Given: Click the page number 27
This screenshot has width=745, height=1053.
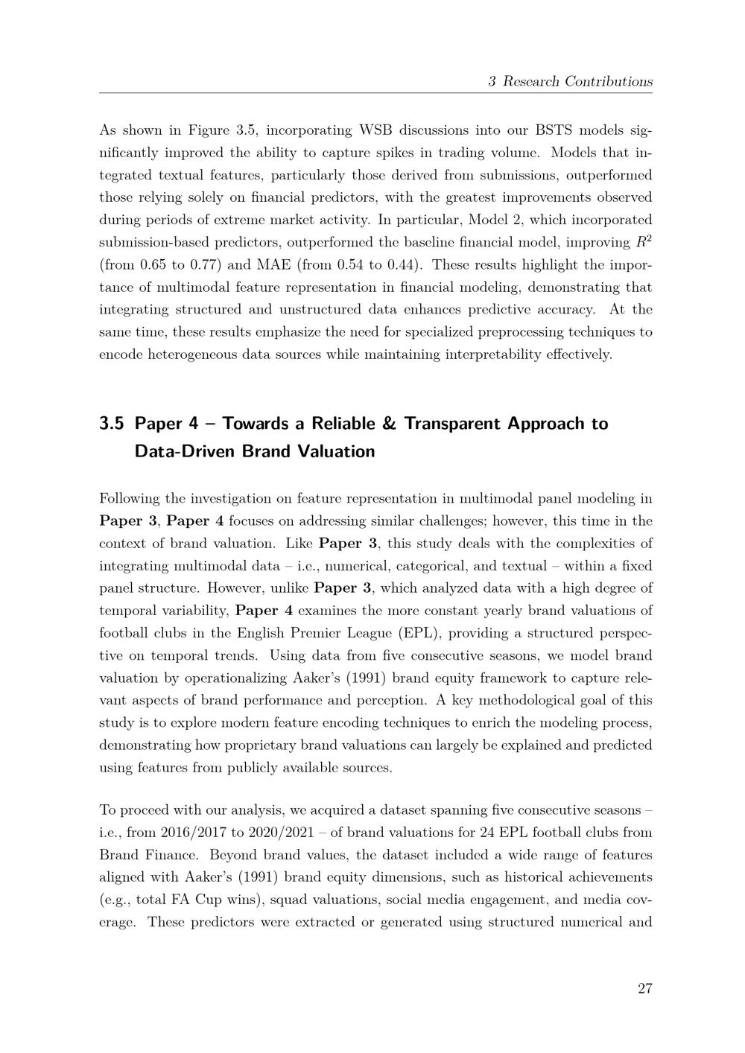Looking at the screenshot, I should pos(644,989).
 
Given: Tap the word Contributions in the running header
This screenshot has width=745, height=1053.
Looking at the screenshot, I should pos(609,81).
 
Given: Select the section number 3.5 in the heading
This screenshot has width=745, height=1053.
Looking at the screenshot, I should pos(111,424).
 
